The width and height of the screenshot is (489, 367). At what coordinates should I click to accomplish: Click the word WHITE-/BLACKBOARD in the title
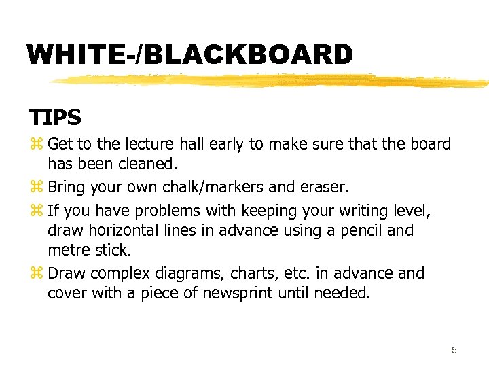click(x=190, y=54)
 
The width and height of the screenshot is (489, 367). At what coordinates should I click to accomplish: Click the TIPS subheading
click(x=54, y=118)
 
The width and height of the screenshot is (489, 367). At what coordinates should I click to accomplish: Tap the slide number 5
click(x=454, y=350)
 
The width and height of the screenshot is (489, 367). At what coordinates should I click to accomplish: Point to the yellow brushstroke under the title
click(x=272, y=81)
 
